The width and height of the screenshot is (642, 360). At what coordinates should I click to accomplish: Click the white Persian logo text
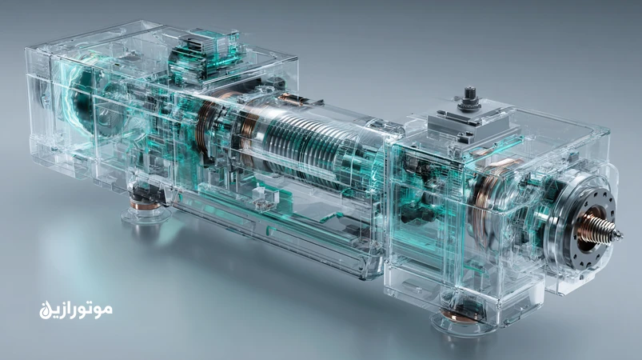[x=76, y=310]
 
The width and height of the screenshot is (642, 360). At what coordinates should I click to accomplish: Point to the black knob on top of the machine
[x=468, y=98]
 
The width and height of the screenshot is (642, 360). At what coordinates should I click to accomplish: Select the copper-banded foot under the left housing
[x=145, y=203]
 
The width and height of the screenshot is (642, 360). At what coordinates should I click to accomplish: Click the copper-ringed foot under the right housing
[x=459, y=316]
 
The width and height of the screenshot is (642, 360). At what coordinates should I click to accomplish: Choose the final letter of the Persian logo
[x=45, y=310]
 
